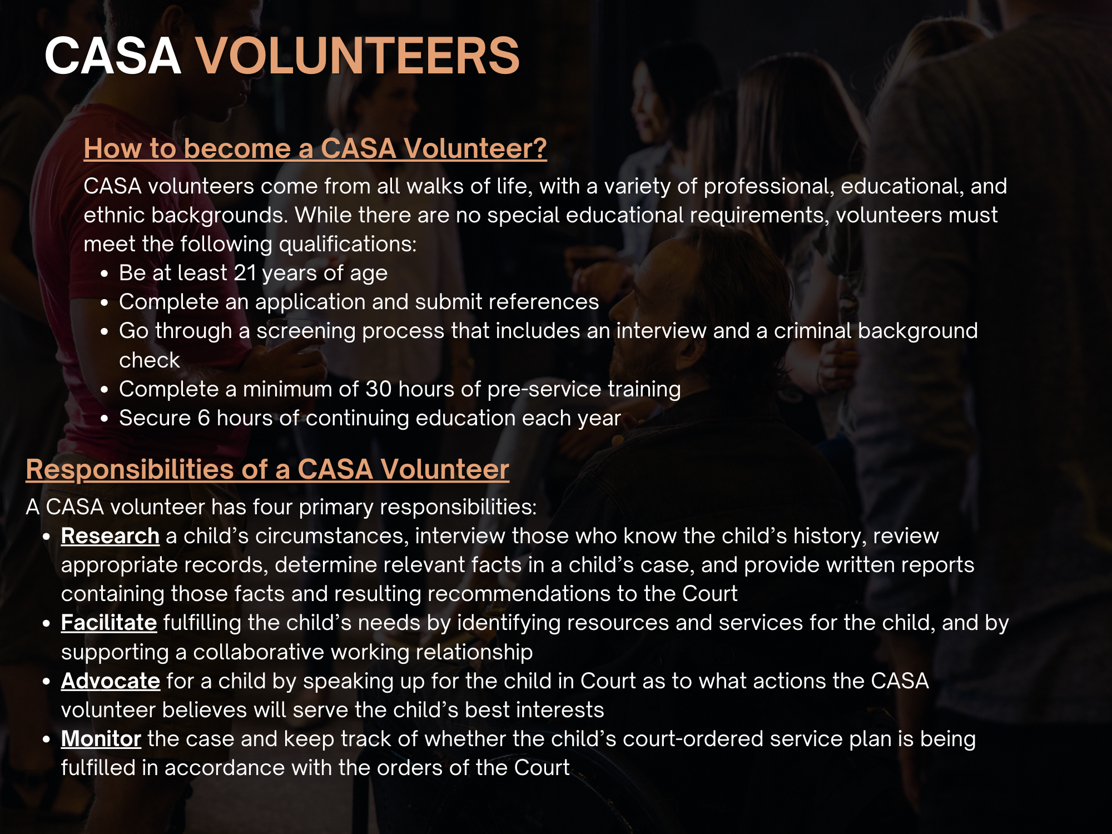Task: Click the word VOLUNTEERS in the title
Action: (x=358, y=56)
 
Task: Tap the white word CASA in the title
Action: (x=113, y=56)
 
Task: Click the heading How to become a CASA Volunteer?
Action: (x=315, y=149)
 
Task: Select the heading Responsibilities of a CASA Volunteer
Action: (x=267, y=469)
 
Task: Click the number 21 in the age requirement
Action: (x=245, y=273)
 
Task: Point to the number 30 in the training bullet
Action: (x=378, y=389)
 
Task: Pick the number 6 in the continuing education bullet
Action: (x=203, y=418)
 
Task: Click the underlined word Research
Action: (x=110, y=536)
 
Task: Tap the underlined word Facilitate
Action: (x=108, y=623)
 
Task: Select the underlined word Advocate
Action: (x=110, y=681)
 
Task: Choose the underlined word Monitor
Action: (x=101, y=739)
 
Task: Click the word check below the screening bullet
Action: (x=149, y=360)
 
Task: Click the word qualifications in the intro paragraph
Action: (x=347, y=245)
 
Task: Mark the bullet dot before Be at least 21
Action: (x=104, y=274)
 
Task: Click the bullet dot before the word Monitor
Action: (x=47, y=740)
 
